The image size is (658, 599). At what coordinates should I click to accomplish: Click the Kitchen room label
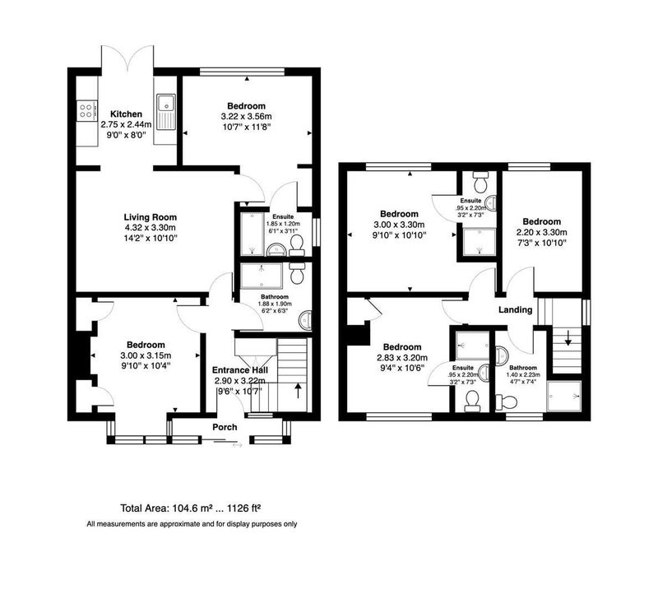pos(126,114)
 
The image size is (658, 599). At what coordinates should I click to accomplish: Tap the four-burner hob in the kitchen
pos(86,110)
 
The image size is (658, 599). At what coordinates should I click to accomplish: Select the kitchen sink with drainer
pos(166,112)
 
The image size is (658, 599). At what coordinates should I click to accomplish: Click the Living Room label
pos(151,217)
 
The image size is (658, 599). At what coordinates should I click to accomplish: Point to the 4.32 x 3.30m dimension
pos(151,228)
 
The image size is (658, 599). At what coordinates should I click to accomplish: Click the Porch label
pos(225,427)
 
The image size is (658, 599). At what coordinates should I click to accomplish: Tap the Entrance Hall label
pos(239,369)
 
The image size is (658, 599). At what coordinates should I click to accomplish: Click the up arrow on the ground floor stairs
pos(299,390)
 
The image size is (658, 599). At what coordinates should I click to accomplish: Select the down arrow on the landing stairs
pos(568,338)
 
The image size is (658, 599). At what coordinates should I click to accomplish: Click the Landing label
pos(516,309)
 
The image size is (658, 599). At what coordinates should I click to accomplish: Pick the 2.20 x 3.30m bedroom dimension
pos(541,232)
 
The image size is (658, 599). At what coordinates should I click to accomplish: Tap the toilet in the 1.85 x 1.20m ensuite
pos(297,245)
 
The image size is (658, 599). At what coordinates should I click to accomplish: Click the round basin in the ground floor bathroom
pos(305,320)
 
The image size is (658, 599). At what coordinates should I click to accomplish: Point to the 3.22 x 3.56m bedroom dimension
pos(246,116)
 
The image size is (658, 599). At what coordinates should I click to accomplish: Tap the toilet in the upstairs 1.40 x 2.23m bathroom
pos(507,402)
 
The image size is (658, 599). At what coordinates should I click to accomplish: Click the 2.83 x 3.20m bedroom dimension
pos(402,358)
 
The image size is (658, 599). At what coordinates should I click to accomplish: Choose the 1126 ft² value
pos(244,508)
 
